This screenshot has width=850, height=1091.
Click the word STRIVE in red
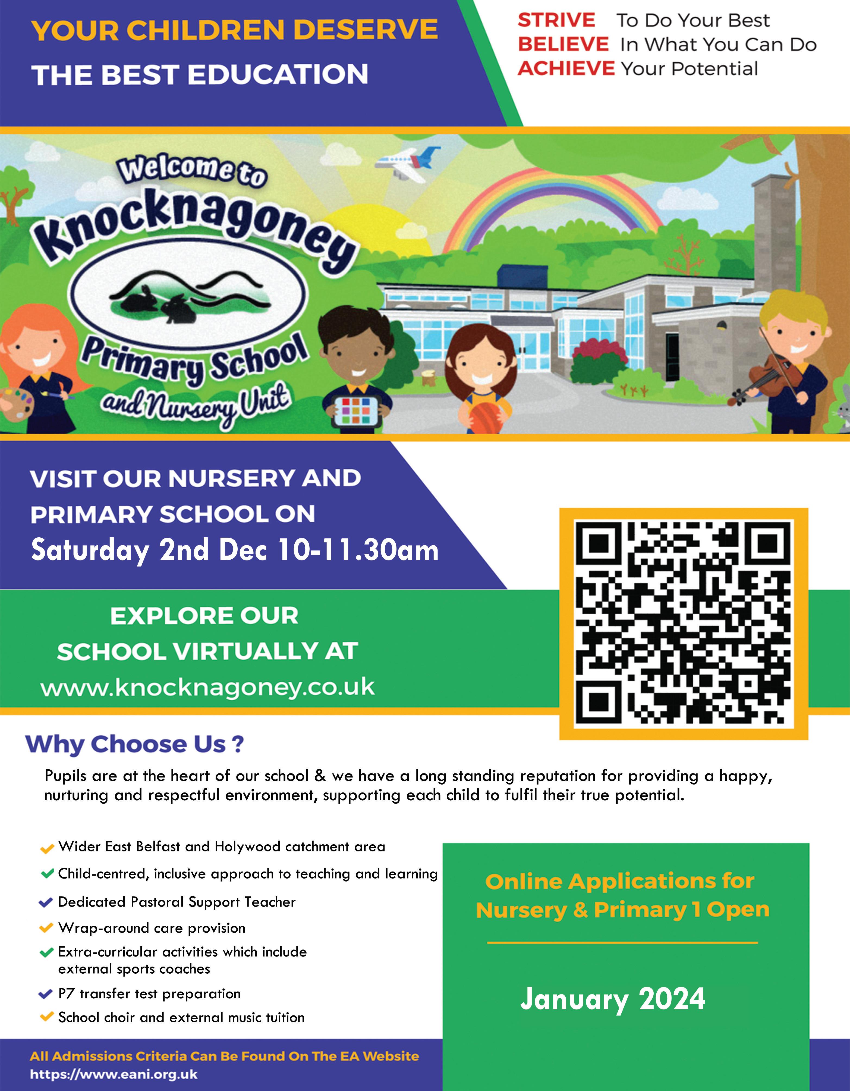point(556,20)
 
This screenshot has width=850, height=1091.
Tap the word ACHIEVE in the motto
point(566,68)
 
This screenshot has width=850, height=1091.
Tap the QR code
point(683,623)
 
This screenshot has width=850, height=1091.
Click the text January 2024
point(613,999)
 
